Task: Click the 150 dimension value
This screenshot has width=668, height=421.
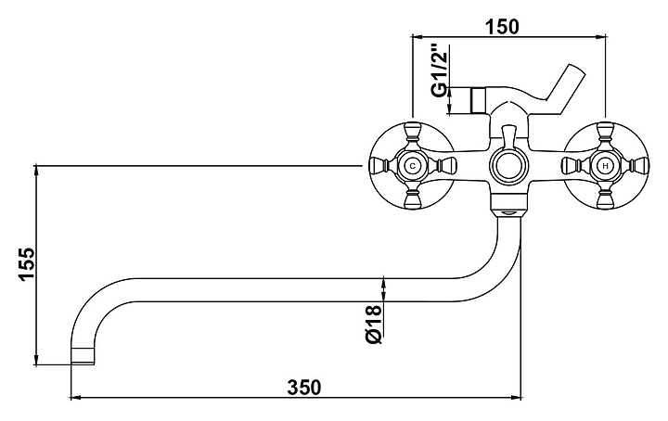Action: [503, 27]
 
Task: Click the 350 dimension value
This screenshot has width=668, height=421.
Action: [304, 388]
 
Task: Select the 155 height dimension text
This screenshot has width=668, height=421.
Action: [26, 264]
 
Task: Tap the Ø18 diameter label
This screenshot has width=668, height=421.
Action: [373, 325]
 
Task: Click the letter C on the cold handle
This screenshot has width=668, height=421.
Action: [412, 166]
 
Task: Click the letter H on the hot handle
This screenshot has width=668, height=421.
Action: [605, 166]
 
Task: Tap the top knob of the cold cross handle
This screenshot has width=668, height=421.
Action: [412, 133]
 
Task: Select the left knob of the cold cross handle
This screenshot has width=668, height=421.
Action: [379, 165]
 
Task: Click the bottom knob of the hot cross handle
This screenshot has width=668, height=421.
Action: [605, 198]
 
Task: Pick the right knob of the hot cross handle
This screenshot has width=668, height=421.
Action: [638, 165]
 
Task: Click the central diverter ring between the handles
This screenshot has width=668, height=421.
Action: [508, 166]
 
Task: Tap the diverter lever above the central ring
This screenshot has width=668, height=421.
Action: [508, 137]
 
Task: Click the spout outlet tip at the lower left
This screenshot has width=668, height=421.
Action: [83, 355]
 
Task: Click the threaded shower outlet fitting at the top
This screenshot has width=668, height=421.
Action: [480, 100]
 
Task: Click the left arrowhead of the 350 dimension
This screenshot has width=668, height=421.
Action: [75, 398]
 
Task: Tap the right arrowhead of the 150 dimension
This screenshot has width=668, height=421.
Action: [600, 37]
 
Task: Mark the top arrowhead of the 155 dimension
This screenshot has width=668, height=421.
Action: [36, 170]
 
